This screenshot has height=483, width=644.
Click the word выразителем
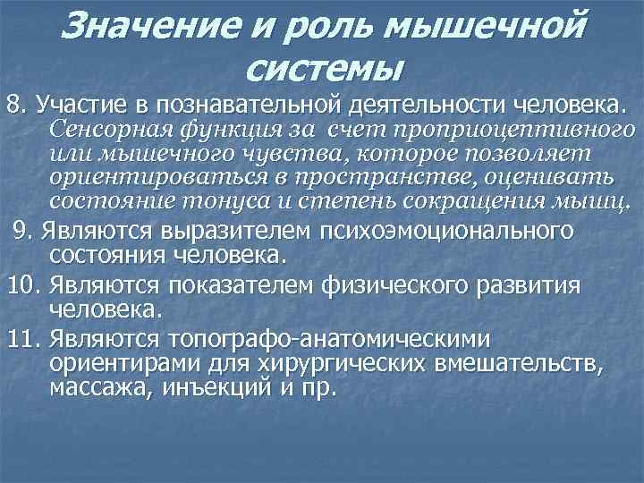point(233,233)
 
